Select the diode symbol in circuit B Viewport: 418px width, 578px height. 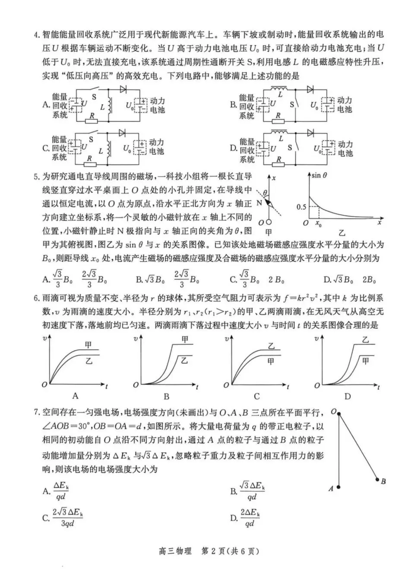coord(310,90)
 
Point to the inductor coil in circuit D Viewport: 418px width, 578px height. coord(280,132)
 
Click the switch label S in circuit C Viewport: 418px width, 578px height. coord(91,139)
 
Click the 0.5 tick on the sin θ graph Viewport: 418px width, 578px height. coord(301,207)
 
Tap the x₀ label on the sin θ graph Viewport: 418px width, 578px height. coord(319,224)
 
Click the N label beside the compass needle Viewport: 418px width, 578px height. coord(259,202)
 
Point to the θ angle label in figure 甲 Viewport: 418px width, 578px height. coord(265,192)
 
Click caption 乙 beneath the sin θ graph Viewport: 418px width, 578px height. coord(342,233)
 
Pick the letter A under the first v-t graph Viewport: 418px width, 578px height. coord(75,396)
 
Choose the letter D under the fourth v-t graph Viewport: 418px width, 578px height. coord(347,396)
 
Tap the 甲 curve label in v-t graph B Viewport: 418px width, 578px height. coord(185,340)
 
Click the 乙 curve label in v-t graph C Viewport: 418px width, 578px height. coord(271,346)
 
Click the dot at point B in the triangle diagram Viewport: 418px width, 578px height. coord(377,479)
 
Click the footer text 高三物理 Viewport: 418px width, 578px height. coord(175,551)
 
